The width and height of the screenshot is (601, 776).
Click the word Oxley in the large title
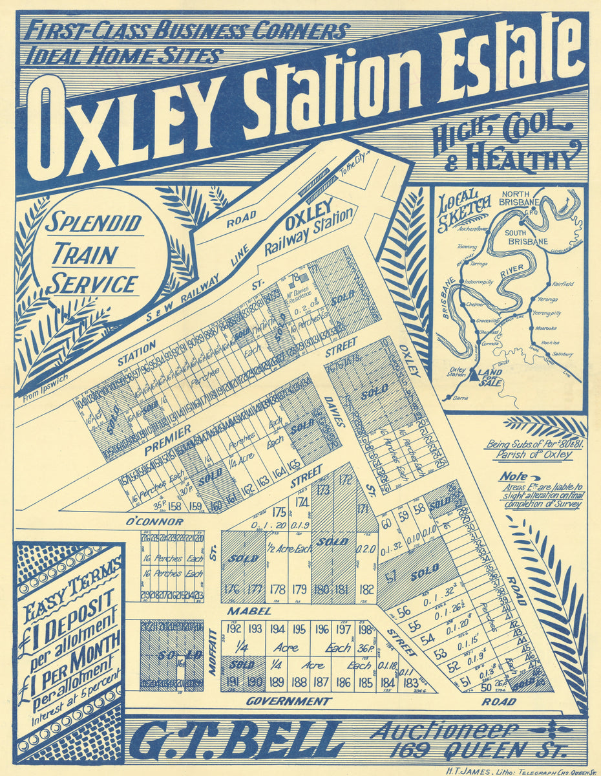(x=126, y=127)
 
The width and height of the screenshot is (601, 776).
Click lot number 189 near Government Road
(x=277, y=681)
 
